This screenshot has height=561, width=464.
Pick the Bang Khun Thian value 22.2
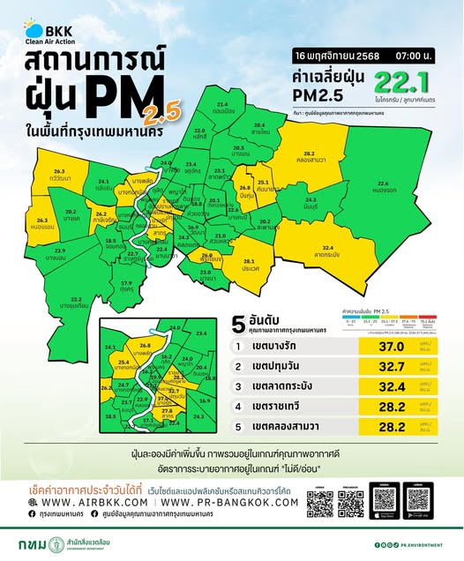[75, 301]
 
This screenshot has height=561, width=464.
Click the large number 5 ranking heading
[236, 321]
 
